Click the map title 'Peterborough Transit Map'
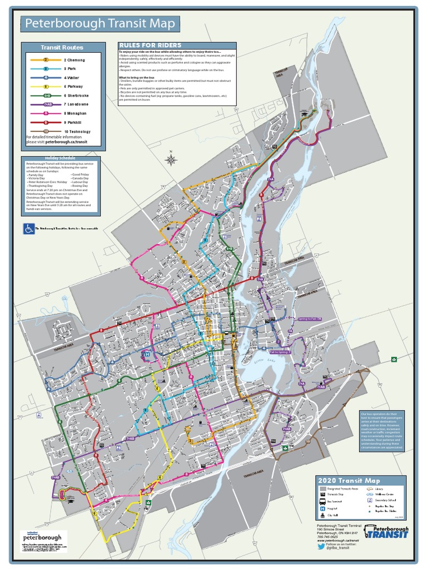(100, 24)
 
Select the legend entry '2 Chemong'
(75, 59)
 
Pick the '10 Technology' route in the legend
(77, 132)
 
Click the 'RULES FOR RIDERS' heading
(150, 45)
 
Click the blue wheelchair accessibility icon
(28, 229)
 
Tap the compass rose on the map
(171, 160)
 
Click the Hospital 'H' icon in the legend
(322, 507)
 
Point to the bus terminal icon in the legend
(322, 500)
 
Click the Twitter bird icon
(321, 547)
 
